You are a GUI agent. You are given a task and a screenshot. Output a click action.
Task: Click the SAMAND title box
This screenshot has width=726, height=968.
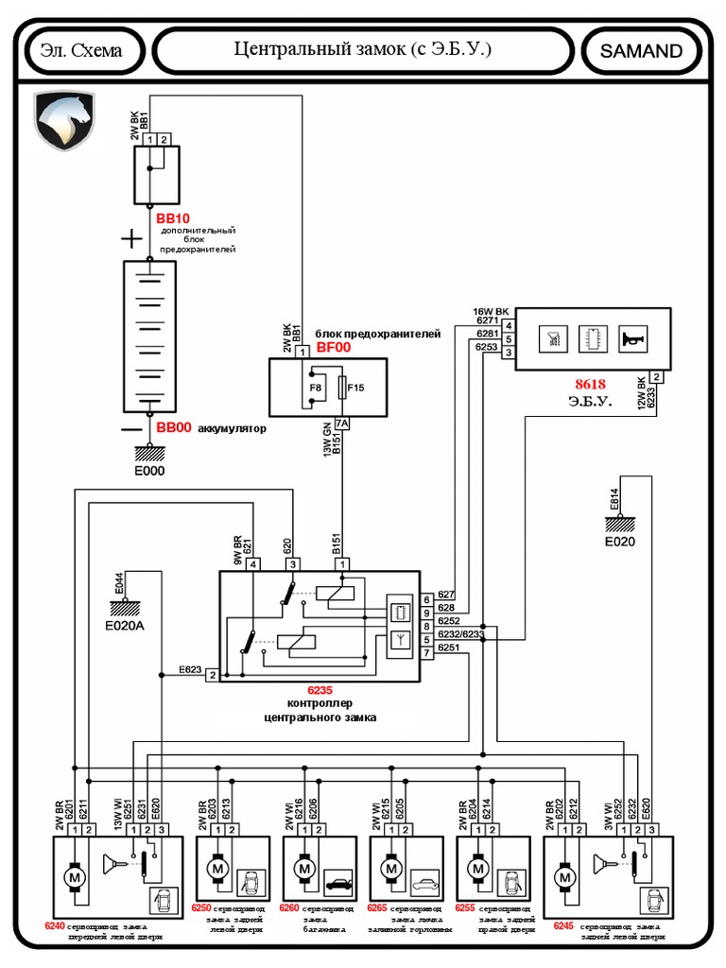(640, 51)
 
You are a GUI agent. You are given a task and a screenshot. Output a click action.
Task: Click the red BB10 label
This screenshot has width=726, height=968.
(173, 218)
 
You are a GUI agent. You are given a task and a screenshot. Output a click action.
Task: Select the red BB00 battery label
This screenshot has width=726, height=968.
(173, 427)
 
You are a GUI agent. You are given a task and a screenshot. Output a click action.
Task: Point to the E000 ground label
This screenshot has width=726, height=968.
(148, 470)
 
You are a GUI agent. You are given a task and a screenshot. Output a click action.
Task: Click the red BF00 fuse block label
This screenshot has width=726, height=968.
(333, 348)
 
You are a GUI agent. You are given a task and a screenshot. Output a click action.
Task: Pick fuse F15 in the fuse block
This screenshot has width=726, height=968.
(355, 388)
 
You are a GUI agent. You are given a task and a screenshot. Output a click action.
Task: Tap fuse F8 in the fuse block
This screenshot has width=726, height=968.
(316, 388)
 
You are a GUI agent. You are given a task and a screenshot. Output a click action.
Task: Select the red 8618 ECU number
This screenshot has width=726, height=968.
(591, 385)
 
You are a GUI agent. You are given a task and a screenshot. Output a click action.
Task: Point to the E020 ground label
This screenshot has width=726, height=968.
(620, 542)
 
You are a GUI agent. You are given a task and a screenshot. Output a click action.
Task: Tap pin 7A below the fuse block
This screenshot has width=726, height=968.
(341, 423)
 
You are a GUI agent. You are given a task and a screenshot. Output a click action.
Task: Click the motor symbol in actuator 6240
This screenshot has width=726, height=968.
(74, 878)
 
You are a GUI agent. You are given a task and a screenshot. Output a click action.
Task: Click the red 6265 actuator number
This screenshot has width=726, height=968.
(378, 908)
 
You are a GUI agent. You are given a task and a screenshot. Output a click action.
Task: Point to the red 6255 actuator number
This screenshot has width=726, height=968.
(464, 908)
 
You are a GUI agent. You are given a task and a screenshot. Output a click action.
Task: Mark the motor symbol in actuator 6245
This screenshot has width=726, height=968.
(566, 878)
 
